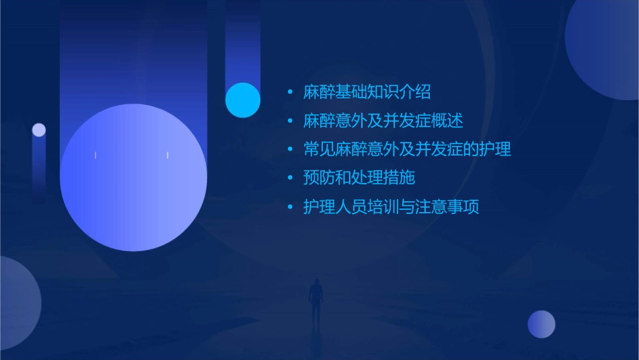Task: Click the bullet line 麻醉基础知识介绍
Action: point(367,92)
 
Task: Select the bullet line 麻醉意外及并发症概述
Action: point(383,121)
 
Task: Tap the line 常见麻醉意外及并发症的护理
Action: point(407,149)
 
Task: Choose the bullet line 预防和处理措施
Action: point(359,178)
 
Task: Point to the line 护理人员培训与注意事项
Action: point(391,207)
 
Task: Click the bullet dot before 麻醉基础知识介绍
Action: point(290,92)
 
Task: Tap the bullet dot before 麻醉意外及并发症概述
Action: point(290,121)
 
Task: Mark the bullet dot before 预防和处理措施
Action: point(290,178)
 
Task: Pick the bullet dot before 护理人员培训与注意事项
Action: point(290,207)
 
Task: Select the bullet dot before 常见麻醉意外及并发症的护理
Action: point(290,149)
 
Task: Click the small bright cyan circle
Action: point(243,100)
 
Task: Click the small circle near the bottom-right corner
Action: point(541,324)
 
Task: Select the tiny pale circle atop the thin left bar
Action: point(39,130)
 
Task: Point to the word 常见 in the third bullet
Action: point(319,149)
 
